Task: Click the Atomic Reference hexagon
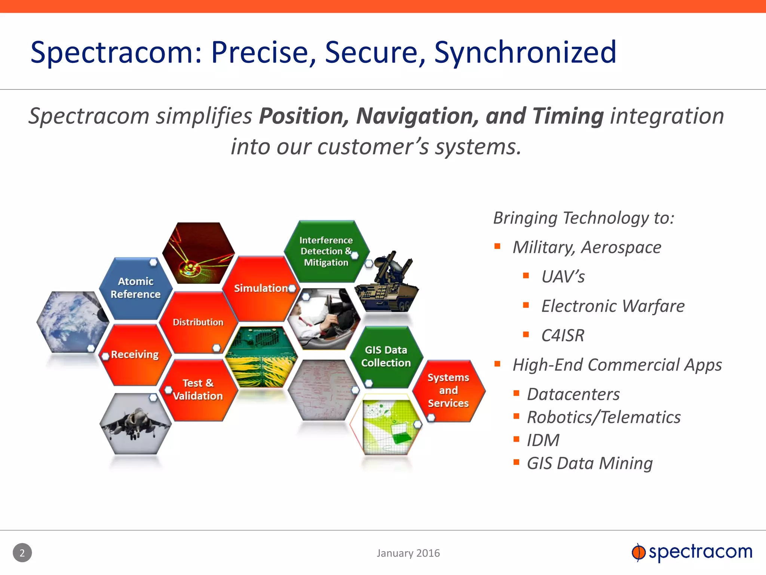(x=135, y=288)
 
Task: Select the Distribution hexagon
(x=198, y=322)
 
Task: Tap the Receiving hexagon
(x=135, y=355)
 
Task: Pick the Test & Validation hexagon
(x=198, y=390)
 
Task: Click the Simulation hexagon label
(x=261, y=288)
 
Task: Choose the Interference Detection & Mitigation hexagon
(x=326, y=251)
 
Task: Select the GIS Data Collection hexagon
(x=386, y=356)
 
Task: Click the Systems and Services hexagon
(x=448, y=390)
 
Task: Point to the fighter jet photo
(x=135, y=423)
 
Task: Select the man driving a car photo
(x=324, y=318)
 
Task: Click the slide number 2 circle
(x=22, y=553)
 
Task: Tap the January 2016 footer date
(x=408, y=553)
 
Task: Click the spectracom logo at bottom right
(x=692, y=552)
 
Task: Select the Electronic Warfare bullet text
(x=613, y=306)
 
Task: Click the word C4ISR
(x=563, y=335)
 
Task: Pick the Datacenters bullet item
(x=573, y=394)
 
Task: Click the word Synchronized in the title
(x=525, y=52)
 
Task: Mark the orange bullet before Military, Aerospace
(x=497, y=246)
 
